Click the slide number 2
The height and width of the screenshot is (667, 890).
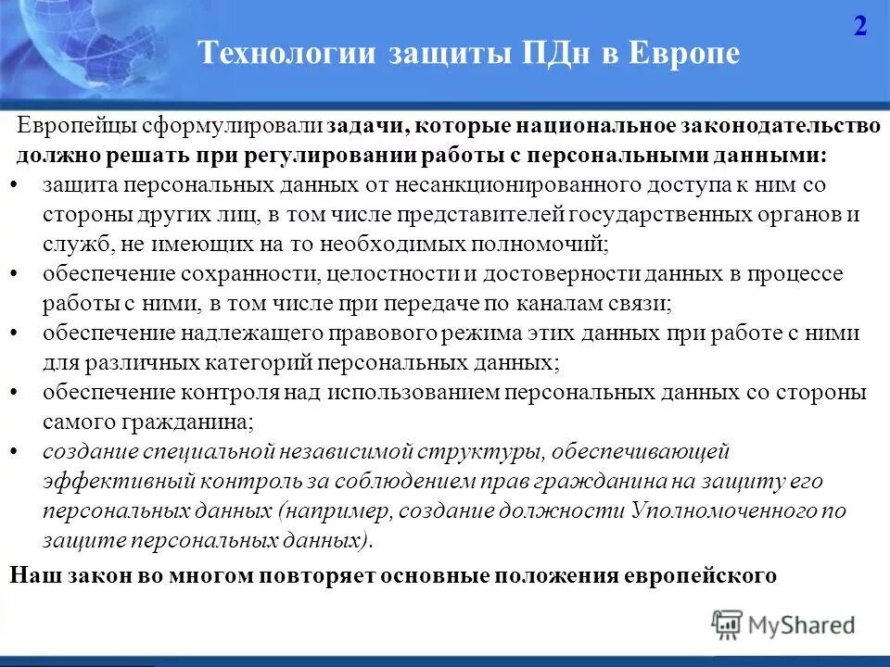click(x=860, y=26)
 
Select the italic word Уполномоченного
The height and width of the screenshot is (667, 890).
click(x=726, y=511)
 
